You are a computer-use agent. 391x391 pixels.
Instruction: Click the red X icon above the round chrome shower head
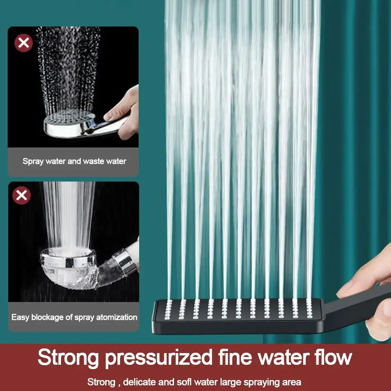click(x=23, y=43)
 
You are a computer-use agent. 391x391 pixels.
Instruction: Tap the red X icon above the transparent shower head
click(x=22, y=195)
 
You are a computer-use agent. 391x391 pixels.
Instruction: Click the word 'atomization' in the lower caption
click(x=117, y=317)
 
